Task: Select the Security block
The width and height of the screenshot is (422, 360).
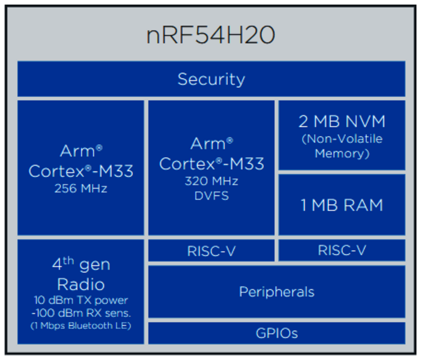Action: coord(211,79)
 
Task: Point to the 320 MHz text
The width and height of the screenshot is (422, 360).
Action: coord(211,181)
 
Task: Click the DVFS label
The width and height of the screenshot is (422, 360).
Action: coord(211,196)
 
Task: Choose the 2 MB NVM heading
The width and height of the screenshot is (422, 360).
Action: coord(342,122)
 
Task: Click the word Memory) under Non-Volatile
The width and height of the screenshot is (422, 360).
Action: coord(342,154)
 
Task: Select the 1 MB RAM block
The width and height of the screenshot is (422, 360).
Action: coord(342,205)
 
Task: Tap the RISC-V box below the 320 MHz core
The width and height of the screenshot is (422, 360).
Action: coord(211,251)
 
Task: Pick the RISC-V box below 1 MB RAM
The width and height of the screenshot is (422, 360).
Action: coord(342,251)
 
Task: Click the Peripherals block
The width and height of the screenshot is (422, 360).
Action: coord(276,292)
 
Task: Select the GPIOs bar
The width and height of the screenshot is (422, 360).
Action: coord(276,333)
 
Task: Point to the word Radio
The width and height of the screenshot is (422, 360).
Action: coord(80,284)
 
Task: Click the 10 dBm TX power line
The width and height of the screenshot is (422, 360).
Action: coord(80,300)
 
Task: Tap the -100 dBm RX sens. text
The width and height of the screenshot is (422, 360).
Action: coord(80,313)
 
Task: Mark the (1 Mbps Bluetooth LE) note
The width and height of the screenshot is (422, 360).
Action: coord(80,326)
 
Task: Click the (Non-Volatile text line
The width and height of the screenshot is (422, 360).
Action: coord(342,139)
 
